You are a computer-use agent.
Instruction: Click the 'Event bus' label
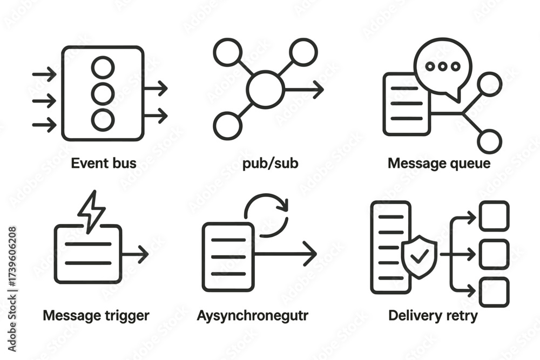[x=104, y=162]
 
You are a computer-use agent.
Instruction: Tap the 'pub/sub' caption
[x=271, y=162]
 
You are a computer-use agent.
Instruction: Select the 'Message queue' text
[x=439, y=162]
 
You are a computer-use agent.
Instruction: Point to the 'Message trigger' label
[x=96, y=315]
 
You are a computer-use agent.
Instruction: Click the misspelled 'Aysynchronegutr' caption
[x=252, y=315]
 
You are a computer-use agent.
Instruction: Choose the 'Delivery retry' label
[x=433, y=315]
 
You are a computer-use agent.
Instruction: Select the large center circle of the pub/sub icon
[x=265, y=90]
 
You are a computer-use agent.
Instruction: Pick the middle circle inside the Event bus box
[x=103, y=94]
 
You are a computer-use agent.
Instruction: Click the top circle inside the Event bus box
[x=103, y=67]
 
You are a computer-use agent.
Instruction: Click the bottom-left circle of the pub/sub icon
[x=227, y=126]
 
